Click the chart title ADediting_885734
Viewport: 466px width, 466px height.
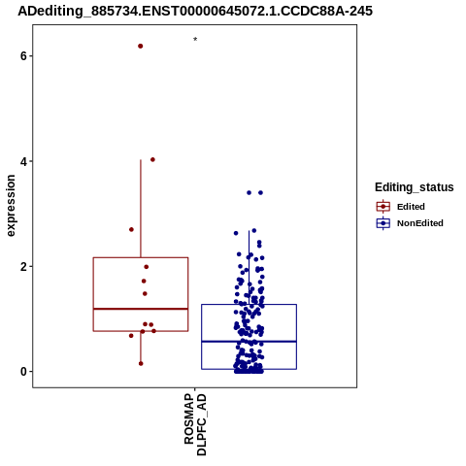(x=195, y=12)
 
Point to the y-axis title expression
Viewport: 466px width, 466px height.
(x=11, y=206)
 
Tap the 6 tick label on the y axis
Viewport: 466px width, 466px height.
(x=23, y=56)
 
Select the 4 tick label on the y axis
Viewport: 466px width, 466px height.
(x=23, y=161)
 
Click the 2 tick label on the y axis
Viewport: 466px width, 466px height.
(x=23, y=267)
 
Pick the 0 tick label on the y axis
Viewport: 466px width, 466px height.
(x=23, y=372)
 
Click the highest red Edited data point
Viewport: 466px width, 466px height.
(x=141, y=47)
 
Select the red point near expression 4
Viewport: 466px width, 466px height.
(x=152, y=159)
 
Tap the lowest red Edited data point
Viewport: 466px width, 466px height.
(x=141, y=364)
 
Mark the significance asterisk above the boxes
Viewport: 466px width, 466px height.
(x=195, y=39)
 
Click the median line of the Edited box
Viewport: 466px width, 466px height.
(x=141, y=309)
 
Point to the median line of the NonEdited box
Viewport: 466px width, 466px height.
(x=249, y=342)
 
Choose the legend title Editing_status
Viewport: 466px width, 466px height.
(x=415, y=187)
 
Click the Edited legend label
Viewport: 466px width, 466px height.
(x=411, y=207)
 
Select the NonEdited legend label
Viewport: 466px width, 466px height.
(x=420, y=223)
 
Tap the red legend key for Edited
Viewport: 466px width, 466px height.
(x=383, y=207)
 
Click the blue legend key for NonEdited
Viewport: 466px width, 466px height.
(x=383, y=223)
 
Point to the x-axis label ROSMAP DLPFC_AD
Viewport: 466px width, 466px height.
(x=195, y=424)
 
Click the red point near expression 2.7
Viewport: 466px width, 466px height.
(x=131, y=229)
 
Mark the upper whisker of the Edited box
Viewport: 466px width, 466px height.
(x=141, y=209)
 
